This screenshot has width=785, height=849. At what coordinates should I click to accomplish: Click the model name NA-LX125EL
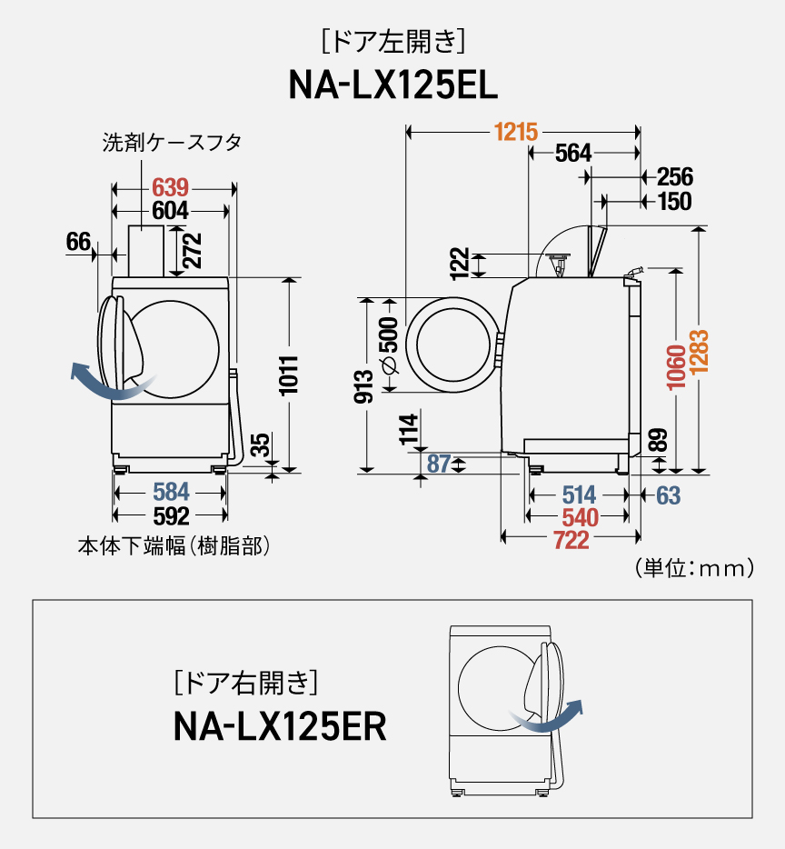tap(392, 85)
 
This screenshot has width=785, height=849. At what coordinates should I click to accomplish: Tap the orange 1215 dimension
tap(516, 133)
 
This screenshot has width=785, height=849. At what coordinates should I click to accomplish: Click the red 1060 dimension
tap(675, 367)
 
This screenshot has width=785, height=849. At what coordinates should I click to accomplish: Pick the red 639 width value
tap(170, 187)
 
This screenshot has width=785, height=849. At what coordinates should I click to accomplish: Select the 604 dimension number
tap(170, 211)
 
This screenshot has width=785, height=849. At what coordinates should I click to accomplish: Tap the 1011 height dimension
tap(289, 375)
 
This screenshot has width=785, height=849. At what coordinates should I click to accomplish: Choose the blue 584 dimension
tap(170, 492)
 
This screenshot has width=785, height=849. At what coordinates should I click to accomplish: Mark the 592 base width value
tap(170, 515)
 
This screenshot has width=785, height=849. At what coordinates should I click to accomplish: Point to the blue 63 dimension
tap(668, 495)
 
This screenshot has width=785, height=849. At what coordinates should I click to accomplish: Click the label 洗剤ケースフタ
tap(172, 143)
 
